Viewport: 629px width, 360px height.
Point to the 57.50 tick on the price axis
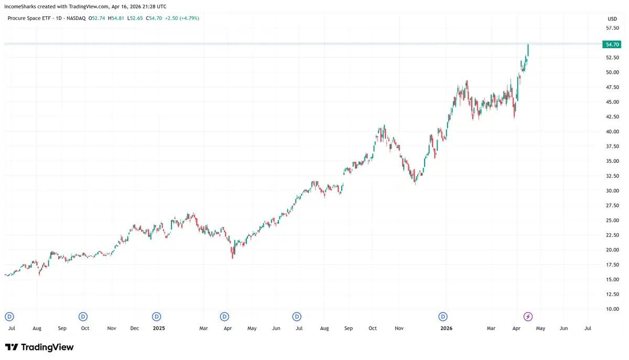[612, 28]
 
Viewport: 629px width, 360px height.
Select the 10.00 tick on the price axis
[612, 309]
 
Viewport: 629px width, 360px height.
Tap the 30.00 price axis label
[612, 191]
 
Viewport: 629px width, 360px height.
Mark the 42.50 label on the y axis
[612, 117]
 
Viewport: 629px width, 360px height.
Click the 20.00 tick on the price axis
[612, 250]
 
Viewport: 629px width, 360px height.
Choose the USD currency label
[612, 18]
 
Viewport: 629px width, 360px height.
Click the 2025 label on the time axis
[158, 329]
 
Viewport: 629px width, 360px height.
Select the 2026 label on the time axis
[446, 329]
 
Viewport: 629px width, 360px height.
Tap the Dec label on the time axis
[135, 329]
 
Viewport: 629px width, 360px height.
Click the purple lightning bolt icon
[528, 317]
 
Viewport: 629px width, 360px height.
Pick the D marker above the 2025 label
[156, 317]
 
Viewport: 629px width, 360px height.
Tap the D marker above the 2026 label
[443, 317]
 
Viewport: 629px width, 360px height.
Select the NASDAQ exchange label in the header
[75, 18]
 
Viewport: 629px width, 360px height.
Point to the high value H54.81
[117, 18]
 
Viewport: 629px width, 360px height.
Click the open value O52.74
[97, 18]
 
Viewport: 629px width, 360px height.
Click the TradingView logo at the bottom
[39, 347]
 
